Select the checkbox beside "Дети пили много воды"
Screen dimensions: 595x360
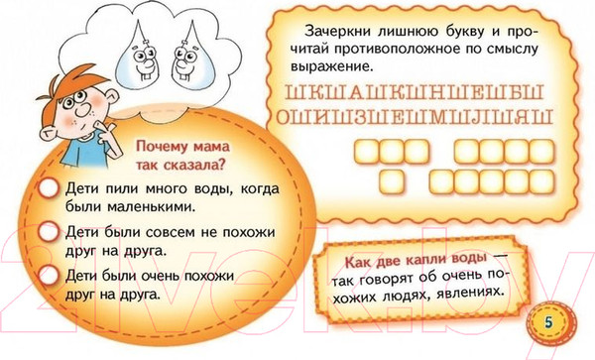coord(44,188)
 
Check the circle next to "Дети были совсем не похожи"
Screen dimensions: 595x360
coord(44,231)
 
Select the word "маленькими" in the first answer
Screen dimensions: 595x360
coord(148,207)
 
